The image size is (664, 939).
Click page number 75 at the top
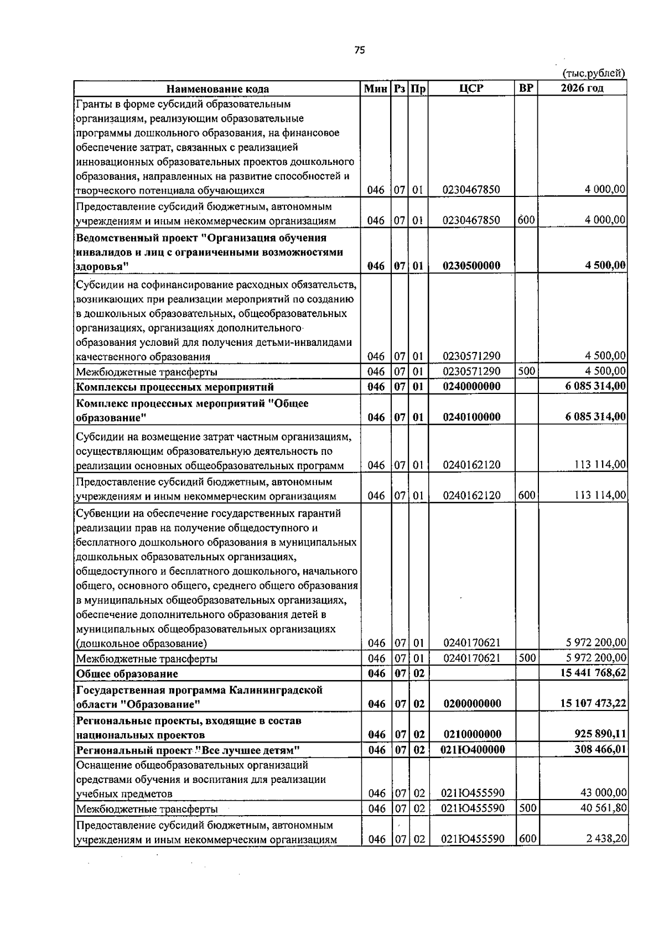pos(359,50)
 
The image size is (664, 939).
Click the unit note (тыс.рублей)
pos(594,73)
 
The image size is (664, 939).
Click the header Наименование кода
pos(218,89)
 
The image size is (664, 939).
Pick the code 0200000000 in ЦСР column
pos(471,704)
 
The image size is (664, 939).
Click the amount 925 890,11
pos(600,734)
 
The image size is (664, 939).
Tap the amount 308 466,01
pos(600,750)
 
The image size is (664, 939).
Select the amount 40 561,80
pos(603,808)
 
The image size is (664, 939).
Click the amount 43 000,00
pos(603,793)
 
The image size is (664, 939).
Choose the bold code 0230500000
pos(471,266)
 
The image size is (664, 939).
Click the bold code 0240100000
pos(471,417)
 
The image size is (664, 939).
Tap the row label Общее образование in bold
pos(127,674)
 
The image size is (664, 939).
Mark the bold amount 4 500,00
pos(606,265)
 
